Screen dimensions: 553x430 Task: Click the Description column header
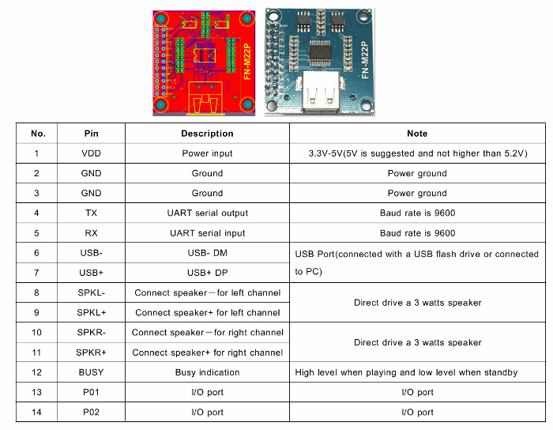click(x=207, y=134)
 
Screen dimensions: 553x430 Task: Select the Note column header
click(x=417, y=134)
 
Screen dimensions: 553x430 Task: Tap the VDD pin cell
click(x=91, y=153)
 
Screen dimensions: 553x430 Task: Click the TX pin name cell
click(x=91, y=213)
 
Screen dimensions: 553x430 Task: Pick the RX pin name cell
click(x=91, y=233)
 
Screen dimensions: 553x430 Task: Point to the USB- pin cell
click(x=91, y=253)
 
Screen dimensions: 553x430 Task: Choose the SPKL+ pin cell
click(x=91, y=312)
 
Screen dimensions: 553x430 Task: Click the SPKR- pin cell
click(x=91, y=332)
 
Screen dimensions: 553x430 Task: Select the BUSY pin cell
click(x=91, y=372)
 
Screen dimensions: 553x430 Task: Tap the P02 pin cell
click(x=91, y=412)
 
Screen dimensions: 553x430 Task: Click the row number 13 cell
click(x=36, y=392)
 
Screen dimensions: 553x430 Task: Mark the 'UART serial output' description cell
click(x=207, y=213)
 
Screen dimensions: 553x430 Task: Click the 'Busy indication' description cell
click(x=207, y=372)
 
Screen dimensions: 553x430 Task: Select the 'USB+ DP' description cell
click(x=207, y=273)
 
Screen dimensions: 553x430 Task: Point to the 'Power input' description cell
click(x=207, y=153)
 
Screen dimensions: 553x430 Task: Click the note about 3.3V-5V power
click(x=417, y=153)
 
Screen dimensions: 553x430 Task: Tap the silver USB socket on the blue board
click(x=322, y=92)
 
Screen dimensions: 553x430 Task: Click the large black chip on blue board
click(x=320, y=52)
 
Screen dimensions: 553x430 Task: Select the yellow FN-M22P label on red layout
click(x=247, y=62)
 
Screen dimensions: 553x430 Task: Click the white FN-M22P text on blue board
click(x=365, y=60)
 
